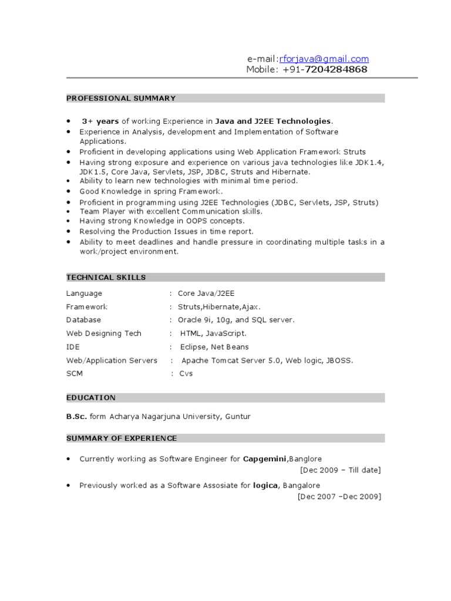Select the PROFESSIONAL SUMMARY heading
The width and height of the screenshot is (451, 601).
click(x=121, y=98)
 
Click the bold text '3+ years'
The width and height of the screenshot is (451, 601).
click(x=100, y=121)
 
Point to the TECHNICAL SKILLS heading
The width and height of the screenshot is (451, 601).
click(x=106, y=277)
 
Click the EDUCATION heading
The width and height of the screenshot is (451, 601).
click(x=91, y=397)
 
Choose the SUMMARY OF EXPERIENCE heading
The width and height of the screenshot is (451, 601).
click(x=122, y=438)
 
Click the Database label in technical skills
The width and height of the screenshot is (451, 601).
click(x=83, y=320)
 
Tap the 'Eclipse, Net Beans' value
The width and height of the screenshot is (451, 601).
click(x=214, y=347)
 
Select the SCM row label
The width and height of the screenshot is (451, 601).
click(x=75, y=373)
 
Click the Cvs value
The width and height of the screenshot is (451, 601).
click(x=186, y=373)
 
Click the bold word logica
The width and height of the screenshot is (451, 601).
click(x=265, y=485)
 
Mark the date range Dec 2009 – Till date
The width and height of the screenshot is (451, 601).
click(x=340, y=470)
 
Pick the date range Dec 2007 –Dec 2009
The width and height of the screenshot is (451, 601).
click(x=339, y=497)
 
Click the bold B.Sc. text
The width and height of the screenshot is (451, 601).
click(x=76, y=416)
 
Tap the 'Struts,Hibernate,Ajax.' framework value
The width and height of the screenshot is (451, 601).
click(x=215, y=306)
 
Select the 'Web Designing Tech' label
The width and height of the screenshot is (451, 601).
click(x=104, y=333)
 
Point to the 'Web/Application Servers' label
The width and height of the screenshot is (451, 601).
click(x=112, y=360)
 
